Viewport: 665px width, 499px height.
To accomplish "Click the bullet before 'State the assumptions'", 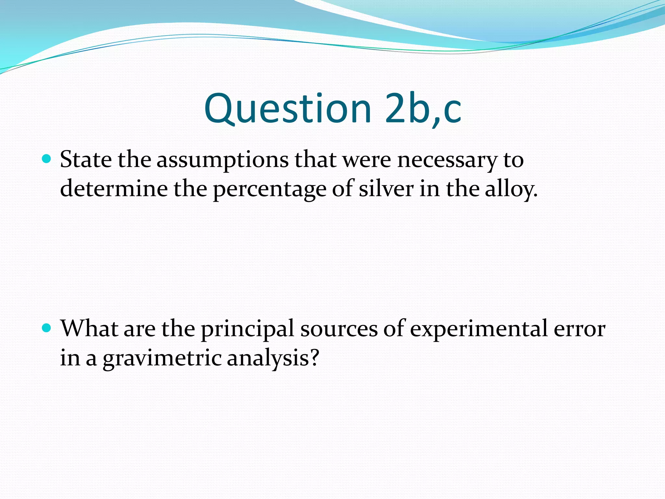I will (47, 159).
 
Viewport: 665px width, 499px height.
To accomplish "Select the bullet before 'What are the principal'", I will (47, 328).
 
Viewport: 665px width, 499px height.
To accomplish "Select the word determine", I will (114, 189).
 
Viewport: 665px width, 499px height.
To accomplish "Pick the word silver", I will (386, 189).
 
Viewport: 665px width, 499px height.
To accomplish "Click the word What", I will (89, 328).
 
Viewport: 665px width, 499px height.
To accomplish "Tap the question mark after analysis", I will (314, 358).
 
